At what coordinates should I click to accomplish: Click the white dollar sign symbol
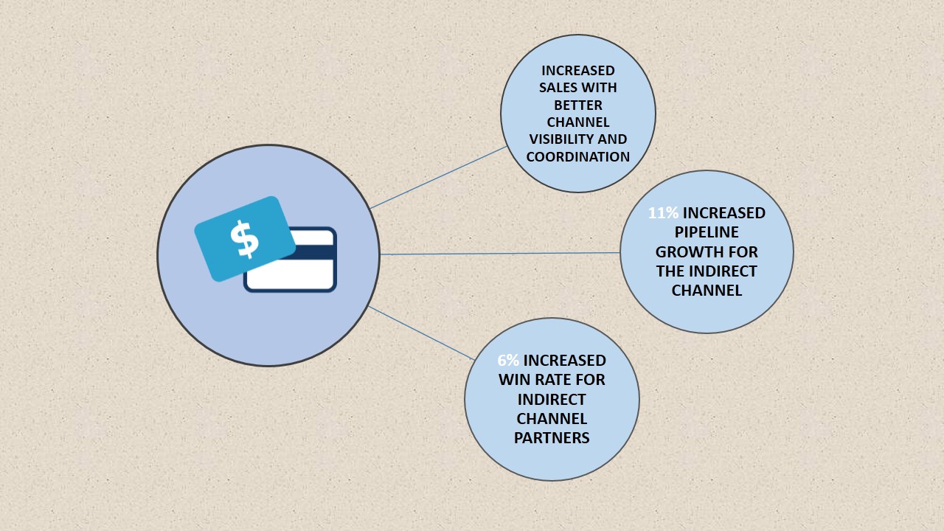[x=244, y=239]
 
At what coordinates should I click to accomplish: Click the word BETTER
[x=578, y=105]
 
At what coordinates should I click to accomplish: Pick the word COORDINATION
[x=578, y=156]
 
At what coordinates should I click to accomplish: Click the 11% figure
[x=663, y=213]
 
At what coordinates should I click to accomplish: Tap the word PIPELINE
[x=706, y=232]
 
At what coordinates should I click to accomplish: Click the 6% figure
[x=508, y=361]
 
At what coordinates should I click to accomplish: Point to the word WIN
[x=515, y=380]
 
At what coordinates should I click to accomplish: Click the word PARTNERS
[x=552, y=437]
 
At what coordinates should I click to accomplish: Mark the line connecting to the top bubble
[x=439, y=177]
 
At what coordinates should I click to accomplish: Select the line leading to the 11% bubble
[x=500, y=254]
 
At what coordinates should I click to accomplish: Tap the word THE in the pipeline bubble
[x=671, y=271]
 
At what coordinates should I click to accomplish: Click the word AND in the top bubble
[x=611, y=139]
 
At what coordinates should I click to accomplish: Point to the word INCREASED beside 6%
[x=565, y=361]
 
